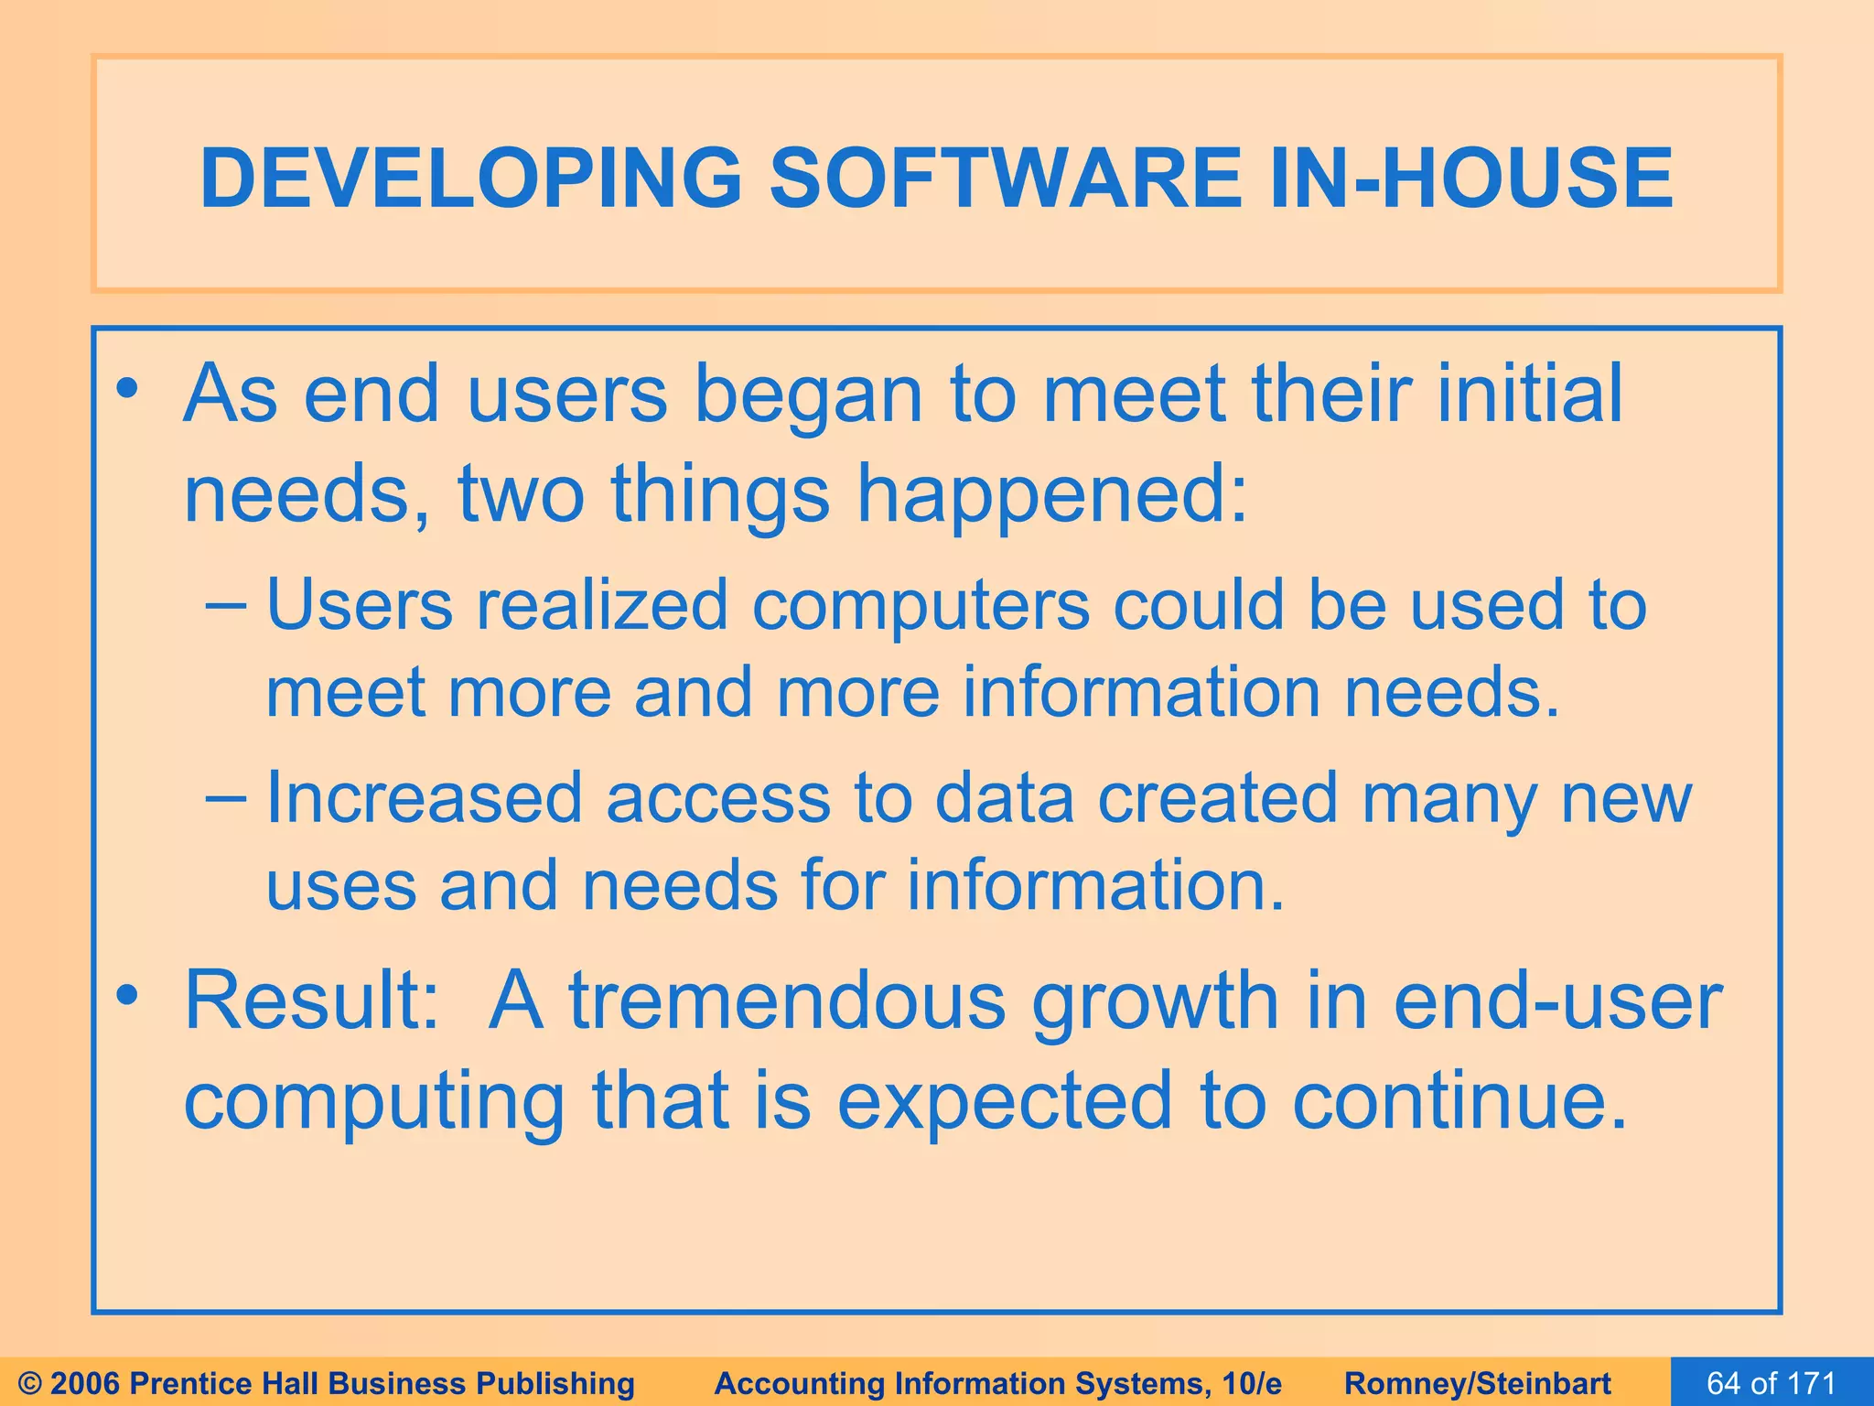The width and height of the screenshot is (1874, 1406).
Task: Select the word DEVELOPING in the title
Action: pos(470,178)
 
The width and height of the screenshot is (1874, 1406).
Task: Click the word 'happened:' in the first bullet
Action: pos(1052,494)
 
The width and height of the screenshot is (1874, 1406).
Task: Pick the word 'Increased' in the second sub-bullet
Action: pos(424,798)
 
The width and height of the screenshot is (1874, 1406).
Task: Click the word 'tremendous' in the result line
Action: pos(788,1000)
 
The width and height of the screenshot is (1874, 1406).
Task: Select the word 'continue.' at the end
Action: pos(1460,1100)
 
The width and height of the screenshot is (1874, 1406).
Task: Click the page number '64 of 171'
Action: pos(1772,1383)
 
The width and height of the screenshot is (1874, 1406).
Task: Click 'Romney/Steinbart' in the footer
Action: pos(1477,1383)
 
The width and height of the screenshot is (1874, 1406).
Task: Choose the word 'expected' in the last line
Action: pos(1005,1100)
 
